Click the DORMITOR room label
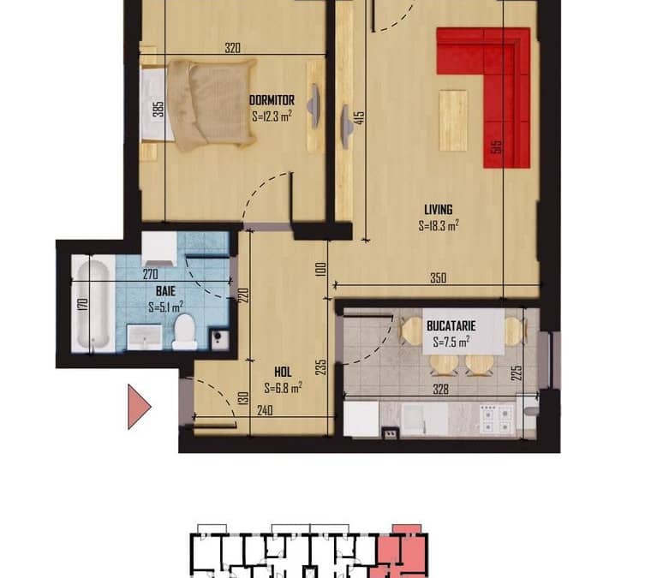click(x=272, y=100)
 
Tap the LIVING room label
click(x=438, y=210)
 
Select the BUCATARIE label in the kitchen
click(x=451, y=326)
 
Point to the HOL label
click(x=283, y=372)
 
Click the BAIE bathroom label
click(x=165, y=291)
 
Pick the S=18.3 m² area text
click(x=439, y=226)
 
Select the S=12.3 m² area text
click(x=272, y=116)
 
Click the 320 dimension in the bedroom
click(x=232, y=48)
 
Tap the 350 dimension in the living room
click(x=438, y=278)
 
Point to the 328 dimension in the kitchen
click(x=440, y=389)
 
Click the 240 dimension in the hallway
click(x=265, y=410)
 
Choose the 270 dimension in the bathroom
click(x=150, y=274)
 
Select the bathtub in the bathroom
click(x=93, y=303)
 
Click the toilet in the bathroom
click(x=184, y=331)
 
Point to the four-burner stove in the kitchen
click(x=498, y=419)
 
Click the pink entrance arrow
click(x=139, y=407)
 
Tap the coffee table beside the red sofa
click(x=453, y=121)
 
